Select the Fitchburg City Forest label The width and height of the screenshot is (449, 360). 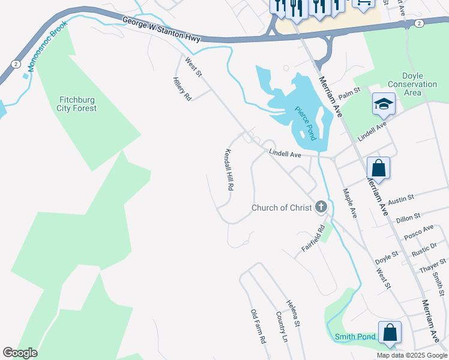[77, 104]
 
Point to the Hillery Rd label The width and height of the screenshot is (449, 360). [181, 89]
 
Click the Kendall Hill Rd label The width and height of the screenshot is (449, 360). [229, 170]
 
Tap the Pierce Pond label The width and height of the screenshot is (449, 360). [305, 122]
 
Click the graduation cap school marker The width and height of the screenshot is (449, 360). [384, 104]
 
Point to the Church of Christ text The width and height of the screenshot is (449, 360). [282, 208]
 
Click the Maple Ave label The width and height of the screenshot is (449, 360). [349, 203]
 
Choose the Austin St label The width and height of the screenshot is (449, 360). [402, 197]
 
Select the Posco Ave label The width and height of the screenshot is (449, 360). [418, 232]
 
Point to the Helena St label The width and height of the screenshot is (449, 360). [293, 313]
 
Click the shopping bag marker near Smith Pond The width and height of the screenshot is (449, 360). [390, 332]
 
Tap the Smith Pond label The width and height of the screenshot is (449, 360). [355, 337]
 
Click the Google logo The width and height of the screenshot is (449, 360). [20, 353]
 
